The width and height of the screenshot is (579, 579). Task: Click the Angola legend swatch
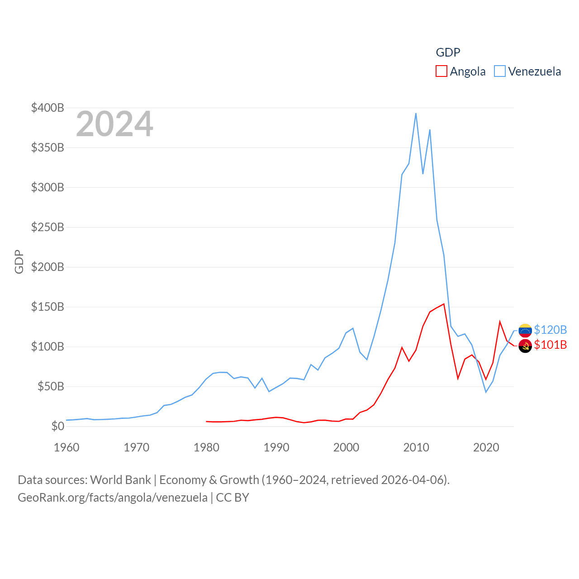(x=441, y=71)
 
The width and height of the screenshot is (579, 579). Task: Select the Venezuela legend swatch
(x=499, y=71)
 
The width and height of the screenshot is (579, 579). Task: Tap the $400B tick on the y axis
(x=47, y=108)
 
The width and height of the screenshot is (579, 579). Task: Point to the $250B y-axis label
(x=47, y=227)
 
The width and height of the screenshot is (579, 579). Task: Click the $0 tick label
(x=57, y=426)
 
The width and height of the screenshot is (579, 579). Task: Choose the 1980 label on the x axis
(x=206, y=447)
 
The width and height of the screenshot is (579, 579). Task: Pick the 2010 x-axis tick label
(x=416, y=447)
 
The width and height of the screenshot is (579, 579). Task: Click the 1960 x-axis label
(x=66, y=447)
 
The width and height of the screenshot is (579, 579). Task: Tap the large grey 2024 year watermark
(x=114, y=124)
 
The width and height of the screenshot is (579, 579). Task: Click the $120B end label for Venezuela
(x=550, y=330)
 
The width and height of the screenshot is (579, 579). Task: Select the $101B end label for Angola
(x=550, y=345)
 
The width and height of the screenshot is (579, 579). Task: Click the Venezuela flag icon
(x=525, y=330)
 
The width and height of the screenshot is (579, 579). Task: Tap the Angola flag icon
(x=525, y=346)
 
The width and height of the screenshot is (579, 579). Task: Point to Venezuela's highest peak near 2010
(x=416, y=114)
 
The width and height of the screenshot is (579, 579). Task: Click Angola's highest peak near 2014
(x=444, y=304)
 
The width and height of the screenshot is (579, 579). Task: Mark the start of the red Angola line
(x=206, y=422)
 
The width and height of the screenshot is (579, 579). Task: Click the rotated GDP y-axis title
(x=19, y=261)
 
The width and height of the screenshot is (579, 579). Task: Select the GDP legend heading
(x=448, y=52)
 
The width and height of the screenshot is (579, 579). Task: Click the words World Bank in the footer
(x=120, y=479)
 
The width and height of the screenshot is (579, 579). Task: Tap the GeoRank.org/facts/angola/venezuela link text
(x=113, y=498)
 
